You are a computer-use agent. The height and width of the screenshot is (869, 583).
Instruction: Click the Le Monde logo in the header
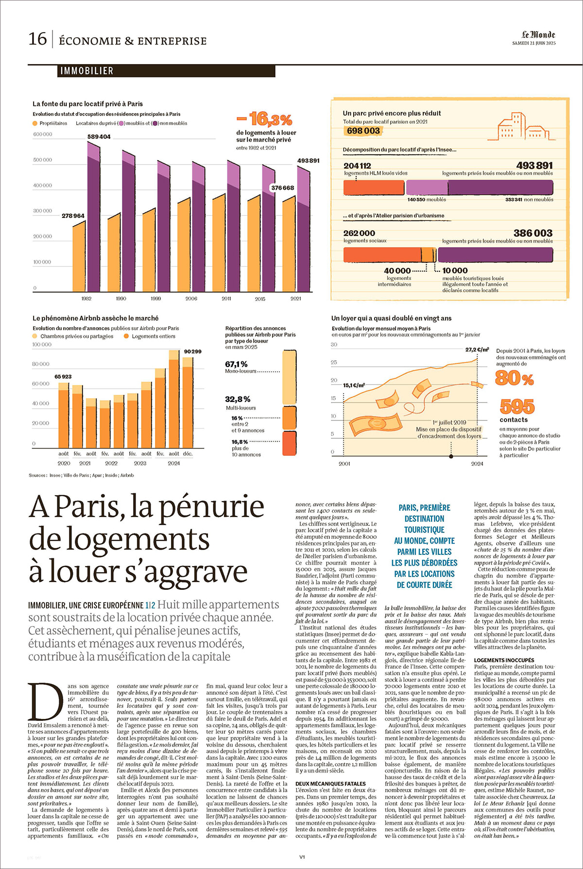point(538,34)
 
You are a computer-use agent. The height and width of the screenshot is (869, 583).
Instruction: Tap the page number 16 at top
point(37,39)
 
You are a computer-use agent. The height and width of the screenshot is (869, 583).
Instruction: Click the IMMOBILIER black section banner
point(166,71)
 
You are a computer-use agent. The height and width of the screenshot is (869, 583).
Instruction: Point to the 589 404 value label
point(99,137)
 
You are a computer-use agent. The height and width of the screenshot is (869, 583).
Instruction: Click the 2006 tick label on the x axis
point(191,299)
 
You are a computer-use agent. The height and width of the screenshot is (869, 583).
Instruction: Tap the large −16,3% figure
point(264,119)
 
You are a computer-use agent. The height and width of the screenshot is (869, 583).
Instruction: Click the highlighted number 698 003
point(363,131)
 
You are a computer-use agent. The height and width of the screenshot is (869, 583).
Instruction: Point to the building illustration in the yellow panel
point(523,127)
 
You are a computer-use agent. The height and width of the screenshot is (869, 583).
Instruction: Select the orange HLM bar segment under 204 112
point(374,187)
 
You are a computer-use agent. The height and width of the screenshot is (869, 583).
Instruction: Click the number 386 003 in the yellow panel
point(533,234)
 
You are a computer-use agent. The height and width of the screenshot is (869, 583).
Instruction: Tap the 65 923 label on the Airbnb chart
point(63,377)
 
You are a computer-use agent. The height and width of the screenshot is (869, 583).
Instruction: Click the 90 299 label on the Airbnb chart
point(192,351)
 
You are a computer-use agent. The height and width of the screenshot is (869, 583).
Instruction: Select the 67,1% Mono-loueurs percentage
point(237,364)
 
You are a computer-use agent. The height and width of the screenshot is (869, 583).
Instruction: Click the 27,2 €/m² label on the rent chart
point(477,350)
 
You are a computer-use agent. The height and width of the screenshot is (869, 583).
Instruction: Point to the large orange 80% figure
point(514,378)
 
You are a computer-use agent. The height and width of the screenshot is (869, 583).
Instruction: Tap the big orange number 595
point(517,407)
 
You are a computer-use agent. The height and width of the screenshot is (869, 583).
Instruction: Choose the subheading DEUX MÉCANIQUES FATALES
point(330,784)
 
